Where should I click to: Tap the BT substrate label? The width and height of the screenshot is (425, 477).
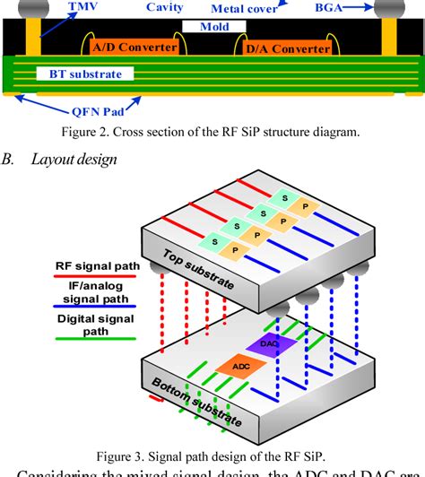coord(78,74)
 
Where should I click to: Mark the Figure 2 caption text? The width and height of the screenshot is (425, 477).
coord(212,133)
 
